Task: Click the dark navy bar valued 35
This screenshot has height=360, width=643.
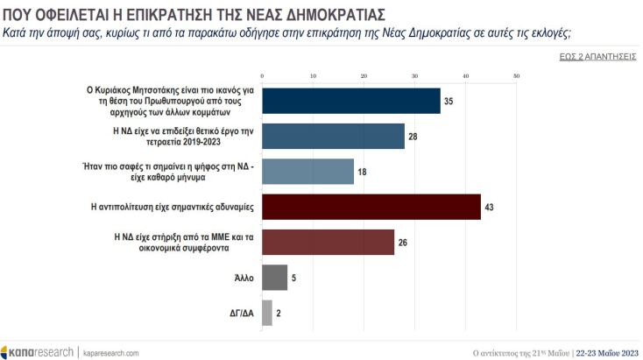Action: pos(350,101)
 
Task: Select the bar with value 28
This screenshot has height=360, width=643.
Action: pos(333,136)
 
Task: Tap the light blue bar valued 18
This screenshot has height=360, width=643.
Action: pos(307,172)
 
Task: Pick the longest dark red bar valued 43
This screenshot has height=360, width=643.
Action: pos(371,207)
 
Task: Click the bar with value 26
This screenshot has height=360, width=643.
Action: pos(328,242)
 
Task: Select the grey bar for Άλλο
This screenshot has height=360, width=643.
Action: pos(274,278)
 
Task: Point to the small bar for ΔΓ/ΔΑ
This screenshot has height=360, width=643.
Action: pos(266,313)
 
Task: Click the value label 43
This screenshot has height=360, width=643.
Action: pos(489,207)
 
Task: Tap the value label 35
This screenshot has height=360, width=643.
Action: pos(449,101)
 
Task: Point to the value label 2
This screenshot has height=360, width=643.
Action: pos(279,313)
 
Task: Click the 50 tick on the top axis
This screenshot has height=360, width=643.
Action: pos(517,77)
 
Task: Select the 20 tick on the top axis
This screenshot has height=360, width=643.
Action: pos(364,77)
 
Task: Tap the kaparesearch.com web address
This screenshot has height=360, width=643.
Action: pos(111,352)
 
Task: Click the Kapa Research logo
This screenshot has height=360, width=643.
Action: pos(39,351)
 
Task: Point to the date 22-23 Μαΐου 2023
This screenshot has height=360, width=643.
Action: pos(607,352)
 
